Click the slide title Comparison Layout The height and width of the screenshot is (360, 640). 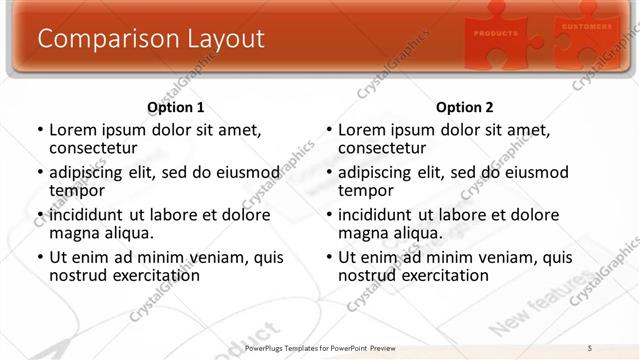coord(151,39)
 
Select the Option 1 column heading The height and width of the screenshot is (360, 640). coord(176,107)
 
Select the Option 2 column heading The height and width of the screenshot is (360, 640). coord(465,107)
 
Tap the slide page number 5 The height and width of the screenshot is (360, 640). coord(591,348)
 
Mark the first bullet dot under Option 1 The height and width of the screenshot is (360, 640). coord(39,130)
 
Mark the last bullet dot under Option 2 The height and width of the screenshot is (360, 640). coord(328,257)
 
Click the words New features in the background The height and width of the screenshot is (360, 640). coord(540,310)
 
